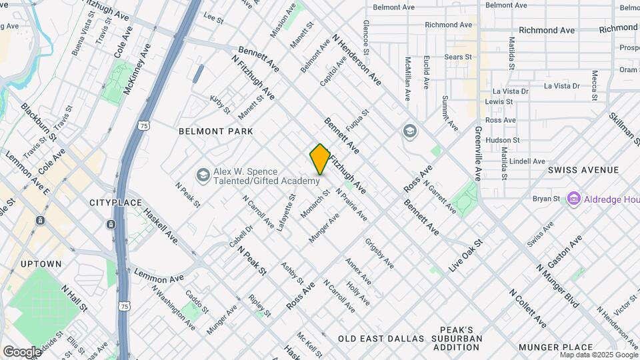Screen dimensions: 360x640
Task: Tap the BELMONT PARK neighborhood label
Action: pos(215,131)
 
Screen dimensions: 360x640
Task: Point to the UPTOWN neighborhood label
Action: pos(41,264)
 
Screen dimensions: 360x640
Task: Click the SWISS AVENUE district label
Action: pos(583,170)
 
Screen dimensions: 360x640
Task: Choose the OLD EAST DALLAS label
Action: pos(381,339)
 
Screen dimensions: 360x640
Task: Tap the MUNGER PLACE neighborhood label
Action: pos(555,347)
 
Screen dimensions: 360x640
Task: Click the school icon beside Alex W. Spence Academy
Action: pos(202,175)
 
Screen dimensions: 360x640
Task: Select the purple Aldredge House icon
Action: pos(573,199)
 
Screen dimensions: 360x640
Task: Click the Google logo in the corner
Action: pos(22,352)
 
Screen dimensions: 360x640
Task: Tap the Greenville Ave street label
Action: pos(478,154)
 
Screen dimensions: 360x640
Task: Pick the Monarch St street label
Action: pos(317,203)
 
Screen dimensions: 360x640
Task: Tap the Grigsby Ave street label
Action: pos(379,253)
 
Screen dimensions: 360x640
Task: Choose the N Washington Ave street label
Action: pos(173,308)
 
